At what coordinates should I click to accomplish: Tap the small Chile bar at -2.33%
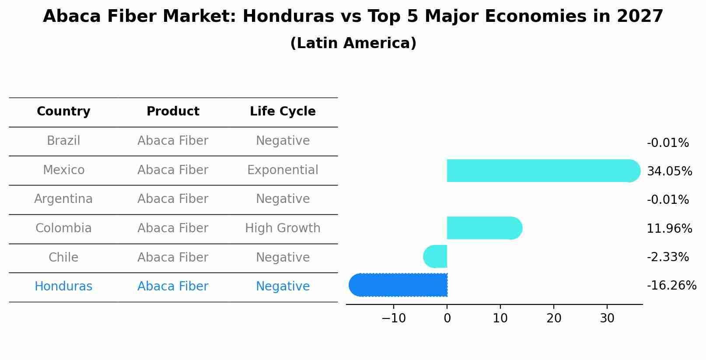[436, 256]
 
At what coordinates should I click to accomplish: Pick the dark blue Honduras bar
[398, 285]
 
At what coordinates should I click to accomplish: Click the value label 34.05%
[669, 171]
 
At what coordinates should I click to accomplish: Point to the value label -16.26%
[671, 286]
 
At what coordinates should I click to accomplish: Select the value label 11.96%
[669, 229]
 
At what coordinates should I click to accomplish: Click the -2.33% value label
[668, 257]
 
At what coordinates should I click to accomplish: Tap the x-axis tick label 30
[607, 318]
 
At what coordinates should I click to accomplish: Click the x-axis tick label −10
[393, 318]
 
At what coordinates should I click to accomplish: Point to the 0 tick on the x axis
[447, 318]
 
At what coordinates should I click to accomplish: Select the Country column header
[63, 112]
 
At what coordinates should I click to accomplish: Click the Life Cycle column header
[283, 112]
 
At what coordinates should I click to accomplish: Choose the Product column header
[173, 112]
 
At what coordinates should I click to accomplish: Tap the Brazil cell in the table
[63, 141]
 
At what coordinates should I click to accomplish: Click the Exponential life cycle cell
[283, 170]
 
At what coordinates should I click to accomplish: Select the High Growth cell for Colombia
[283, 228]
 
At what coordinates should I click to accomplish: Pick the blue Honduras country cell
[63, 287]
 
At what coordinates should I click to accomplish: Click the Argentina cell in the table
[63, 199]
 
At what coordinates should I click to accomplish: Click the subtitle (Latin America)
[353, 43]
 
